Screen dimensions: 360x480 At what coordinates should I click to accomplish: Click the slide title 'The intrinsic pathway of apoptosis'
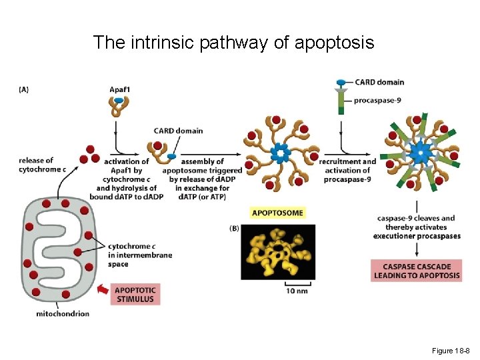[x=233, y=43]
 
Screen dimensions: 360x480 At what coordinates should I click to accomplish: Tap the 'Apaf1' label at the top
[x=120, y=89]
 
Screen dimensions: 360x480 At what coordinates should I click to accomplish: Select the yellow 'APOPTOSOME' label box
[x=277, y=213]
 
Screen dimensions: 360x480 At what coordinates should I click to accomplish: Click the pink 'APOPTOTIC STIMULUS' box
[x=135, y=295]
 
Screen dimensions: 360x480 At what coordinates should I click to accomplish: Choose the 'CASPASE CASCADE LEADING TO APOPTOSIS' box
[x=417, y=271]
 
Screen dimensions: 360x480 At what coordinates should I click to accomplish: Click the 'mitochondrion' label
[x=62, y=314]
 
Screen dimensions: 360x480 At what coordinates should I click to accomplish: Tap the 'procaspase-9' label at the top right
[x=379, y=100]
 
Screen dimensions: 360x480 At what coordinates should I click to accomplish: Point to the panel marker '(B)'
[x=235, y=228]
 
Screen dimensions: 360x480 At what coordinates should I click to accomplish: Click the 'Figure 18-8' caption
[x=451, y=351]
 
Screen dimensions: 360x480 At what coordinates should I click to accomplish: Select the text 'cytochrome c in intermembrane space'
[x=139, y=255]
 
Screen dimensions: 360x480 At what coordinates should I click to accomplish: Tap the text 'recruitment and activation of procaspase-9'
[x=347, y=170]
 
